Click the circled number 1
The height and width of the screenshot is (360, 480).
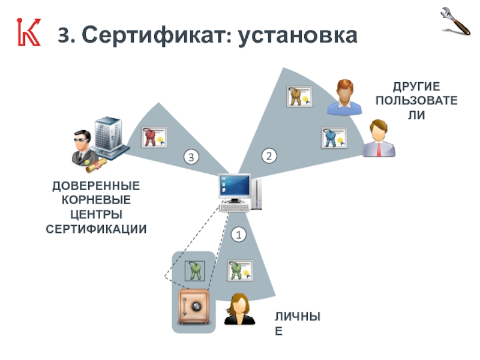tap(239, 235)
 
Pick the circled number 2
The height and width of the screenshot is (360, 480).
tap(269, 157)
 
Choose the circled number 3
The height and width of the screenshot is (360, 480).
tap(190, 158)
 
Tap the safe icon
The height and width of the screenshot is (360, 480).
tap(194, 307)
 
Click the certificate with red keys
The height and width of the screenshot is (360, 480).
tap(154, 137)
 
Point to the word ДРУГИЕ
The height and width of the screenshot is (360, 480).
tap(416, 87)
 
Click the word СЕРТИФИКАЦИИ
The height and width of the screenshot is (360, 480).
tap(97, 229)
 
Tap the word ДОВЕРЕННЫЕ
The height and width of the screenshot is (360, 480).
tap(97, 185)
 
